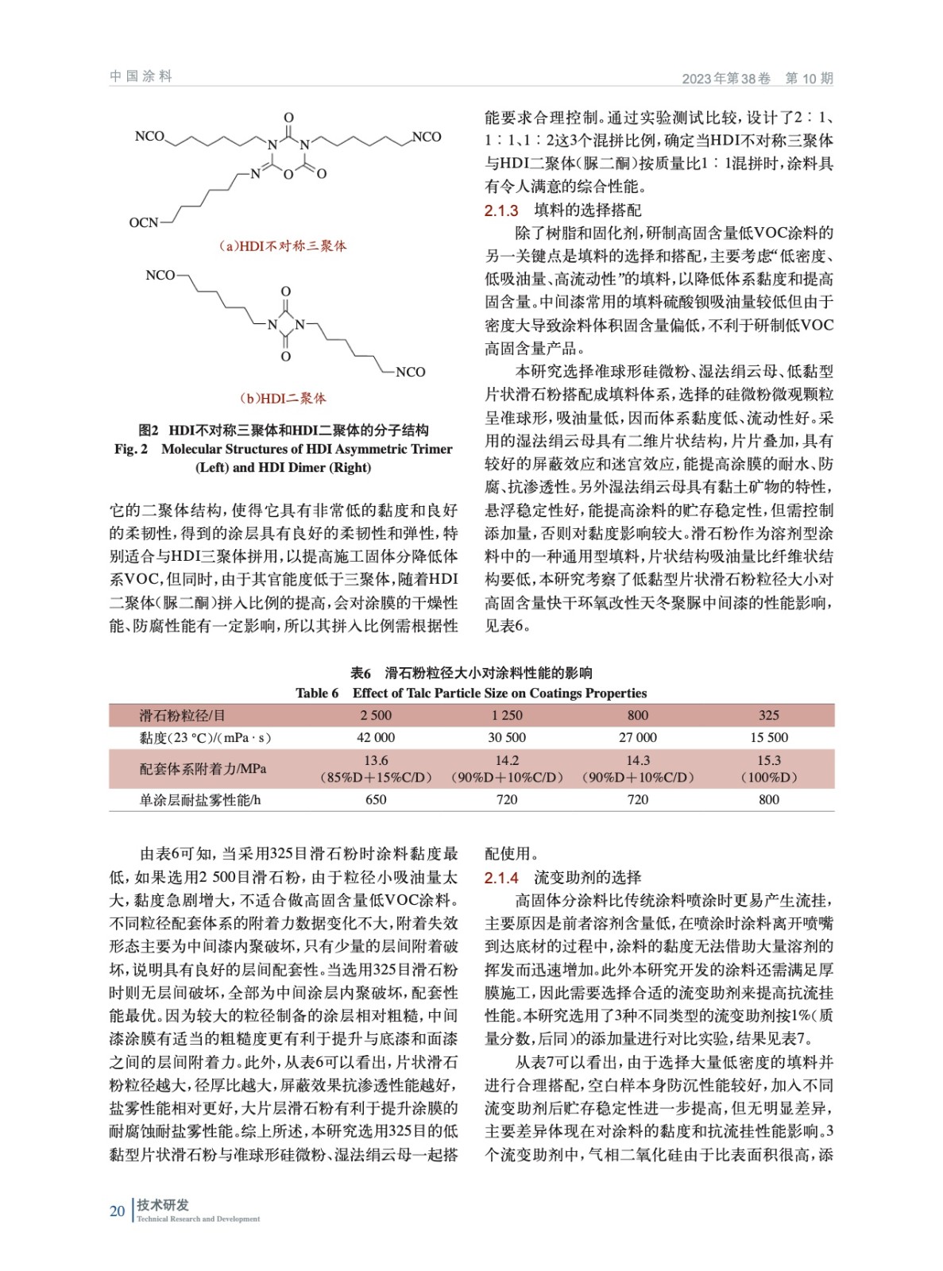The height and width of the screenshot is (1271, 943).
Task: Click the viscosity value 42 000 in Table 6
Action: (x=376, y=738)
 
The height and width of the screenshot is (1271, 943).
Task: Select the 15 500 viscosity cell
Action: (x=768, y=738)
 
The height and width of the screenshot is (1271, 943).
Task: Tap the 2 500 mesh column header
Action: (x=376, y=716)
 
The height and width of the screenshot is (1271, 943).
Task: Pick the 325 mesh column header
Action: (x=768, y=716)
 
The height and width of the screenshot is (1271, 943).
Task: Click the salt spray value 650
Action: (x=376, y=800)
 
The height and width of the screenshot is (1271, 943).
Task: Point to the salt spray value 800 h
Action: (x=768, y=800)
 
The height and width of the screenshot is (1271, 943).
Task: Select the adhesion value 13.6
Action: (x=376, y=761)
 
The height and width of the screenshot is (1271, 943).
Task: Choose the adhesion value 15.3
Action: (x=768, y=761)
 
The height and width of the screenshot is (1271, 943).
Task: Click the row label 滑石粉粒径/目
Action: (x=182, y=716)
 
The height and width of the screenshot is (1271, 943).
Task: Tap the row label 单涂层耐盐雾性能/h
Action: (x=199, y=800)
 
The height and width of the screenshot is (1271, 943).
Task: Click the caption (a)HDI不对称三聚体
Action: (x=283, y=246)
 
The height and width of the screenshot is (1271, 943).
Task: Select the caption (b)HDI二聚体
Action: (x=283, y=398)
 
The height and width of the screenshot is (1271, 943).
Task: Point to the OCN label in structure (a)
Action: (x=143, y=223)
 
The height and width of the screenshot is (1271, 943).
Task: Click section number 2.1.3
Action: (x=501, y=211)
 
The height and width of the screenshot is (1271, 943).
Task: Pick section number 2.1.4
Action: (x=501, y=878)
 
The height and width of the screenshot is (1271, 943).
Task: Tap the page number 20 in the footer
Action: (x=117, y=1211)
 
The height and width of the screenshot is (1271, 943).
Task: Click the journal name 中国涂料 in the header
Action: (x=141, y=76)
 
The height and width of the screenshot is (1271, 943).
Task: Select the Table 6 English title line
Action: (x=471, y=693)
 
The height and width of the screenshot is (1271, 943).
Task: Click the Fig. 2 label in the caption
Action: (x=131, y=450)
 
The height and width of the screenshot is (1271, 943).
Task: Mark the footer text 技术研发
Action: (x=163, y=1205)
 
